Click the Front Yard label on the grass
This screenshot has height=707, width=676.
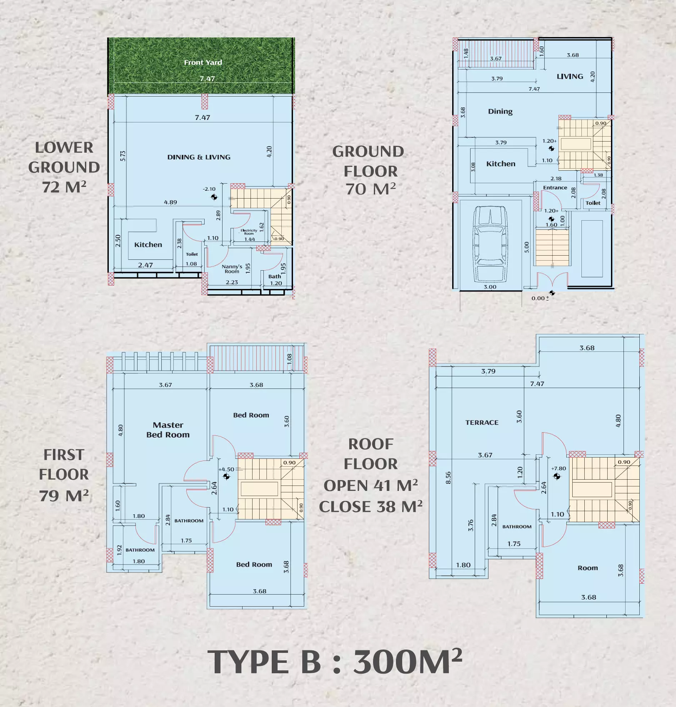(203, 62)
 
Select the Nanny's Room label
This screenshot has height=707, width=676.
(232, 269)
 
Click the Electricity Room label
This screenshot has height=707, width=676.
(249, 232)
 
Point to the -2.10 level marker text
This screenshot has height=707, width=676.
(209, 189)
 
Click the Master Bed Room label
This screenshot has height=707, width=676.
(168, 430)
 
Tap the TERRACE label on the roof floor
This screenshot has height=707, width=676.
(482, 422)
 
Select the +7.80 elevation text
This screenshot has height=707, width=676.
(558, 468)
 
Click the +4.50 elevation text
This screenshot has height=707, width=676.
(227, 469)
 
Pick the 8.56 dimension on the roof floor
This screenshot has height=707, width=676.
(448, 478)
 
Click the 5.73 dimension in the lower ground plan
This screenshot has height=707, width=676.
(123, 156)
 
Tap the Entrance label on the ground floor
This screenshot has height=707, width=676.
(555, 188)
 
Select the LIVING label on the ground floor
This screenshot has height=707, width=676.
(570, 77)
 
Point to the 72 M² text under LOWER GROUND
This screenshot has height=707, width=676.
(64, 187)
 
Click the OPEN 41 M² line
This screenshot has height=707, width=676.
(371, 485)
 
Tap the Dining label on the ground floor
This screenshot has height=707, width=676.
(500, 112)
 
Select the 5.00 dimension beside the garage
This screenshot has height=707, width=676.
(527, 247)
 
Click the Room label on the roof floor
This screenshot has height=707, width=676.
(587, 568)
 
